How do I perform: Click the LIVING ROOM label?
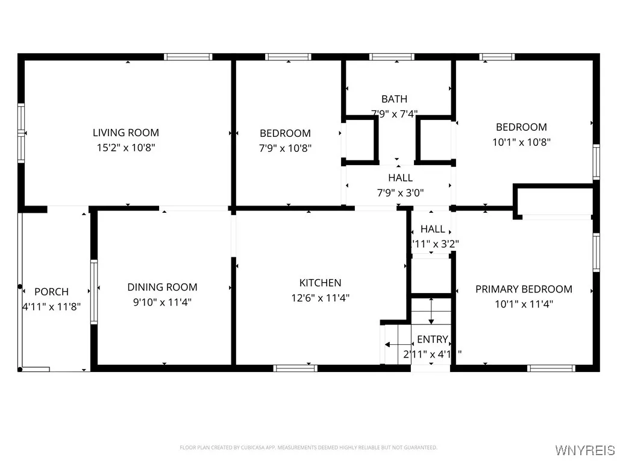[125, 133]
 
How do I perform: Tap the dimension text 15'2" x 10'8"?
[125, 147]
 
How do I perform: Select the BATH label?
[394, 99]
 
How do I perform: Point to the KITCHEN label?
[320, 283]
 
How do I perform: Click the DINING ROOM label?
[162, 288]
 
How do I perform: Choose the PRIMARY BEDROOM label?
[524, 289]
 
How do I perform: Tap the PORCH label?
[51, 292]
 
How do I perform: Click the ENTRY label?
[432, 339]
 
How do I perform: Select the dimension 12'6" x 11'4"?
[320, 297]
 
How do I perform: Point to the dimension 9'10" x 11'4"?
[162, 302]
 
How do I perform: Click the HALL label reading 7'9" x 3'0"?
[400, 178]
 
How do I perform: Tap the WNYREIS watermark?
[585, 450]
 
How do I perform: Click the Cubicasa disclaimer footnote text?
[308, 447]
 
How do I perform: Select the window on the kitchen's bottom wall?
[295, 368]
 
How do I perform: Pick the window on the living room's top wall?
[188, 57]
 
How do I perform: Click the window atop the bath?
[392, 57]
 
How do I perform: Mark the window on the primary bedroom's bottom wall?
[547, 368]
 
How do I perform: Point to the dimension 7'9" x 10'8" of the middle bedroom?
[285, 148]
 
